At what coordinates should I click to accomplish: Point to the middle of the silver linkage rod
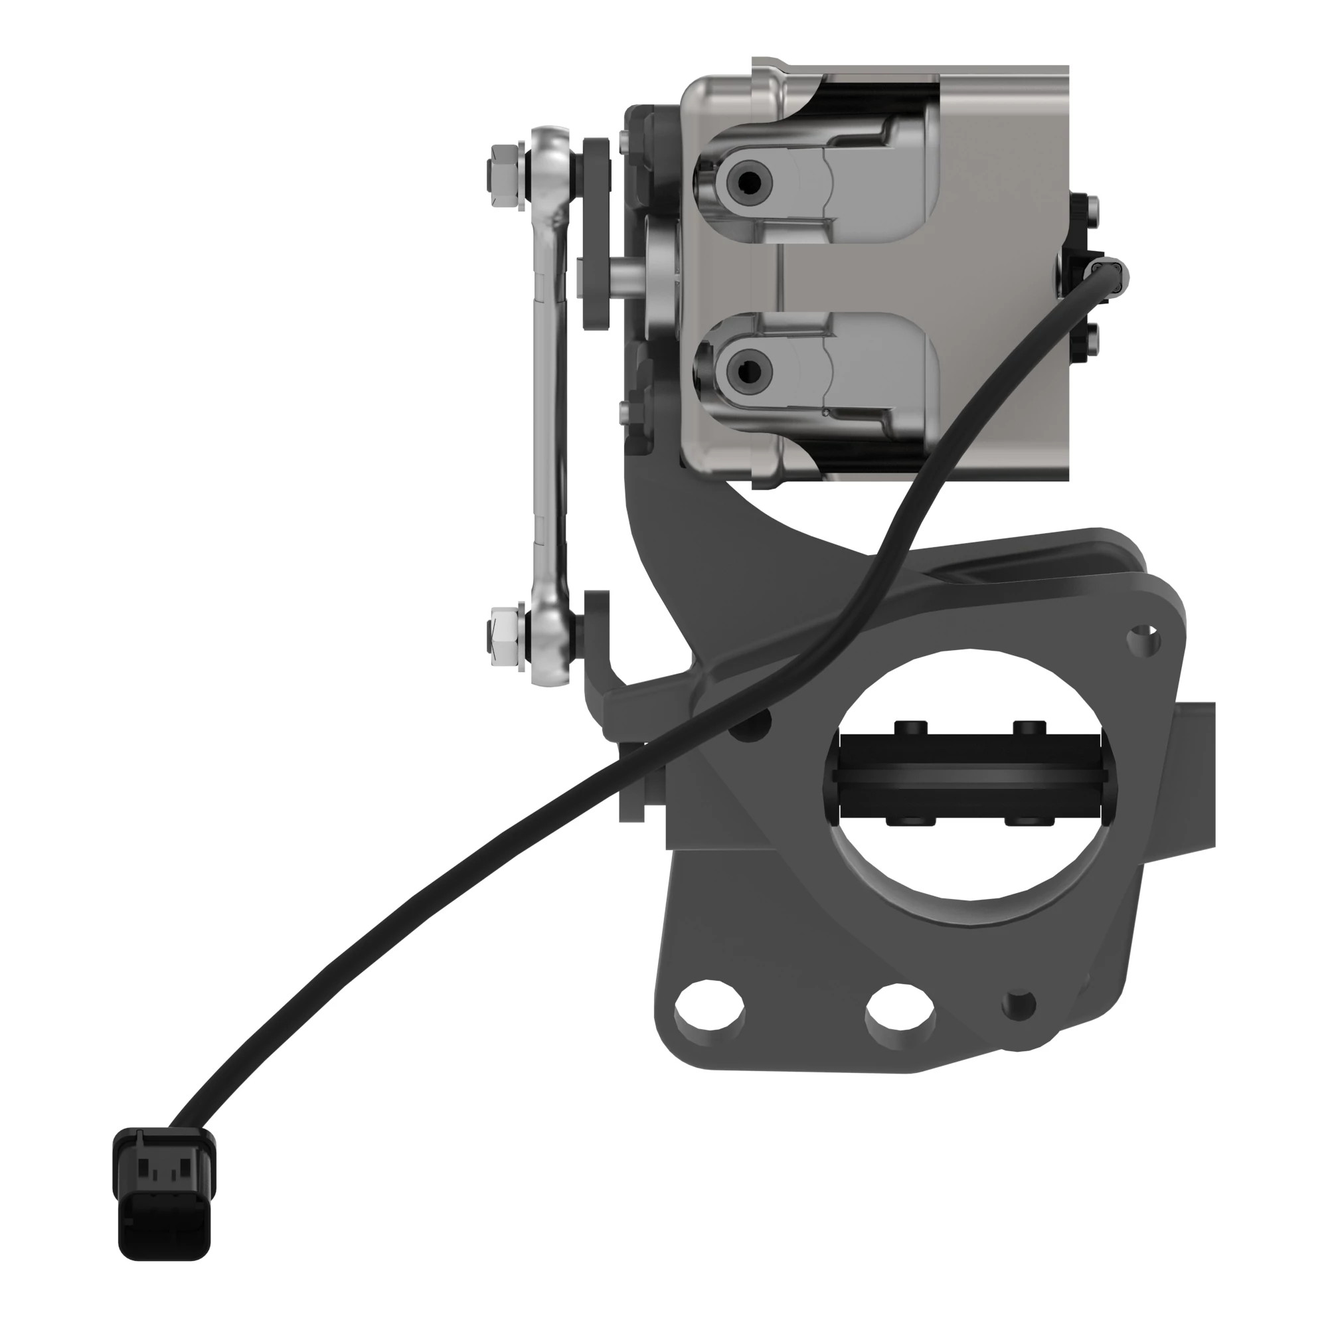[550, 406]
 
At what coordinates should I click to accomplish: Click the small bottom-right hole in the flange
[1019, 1004]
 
